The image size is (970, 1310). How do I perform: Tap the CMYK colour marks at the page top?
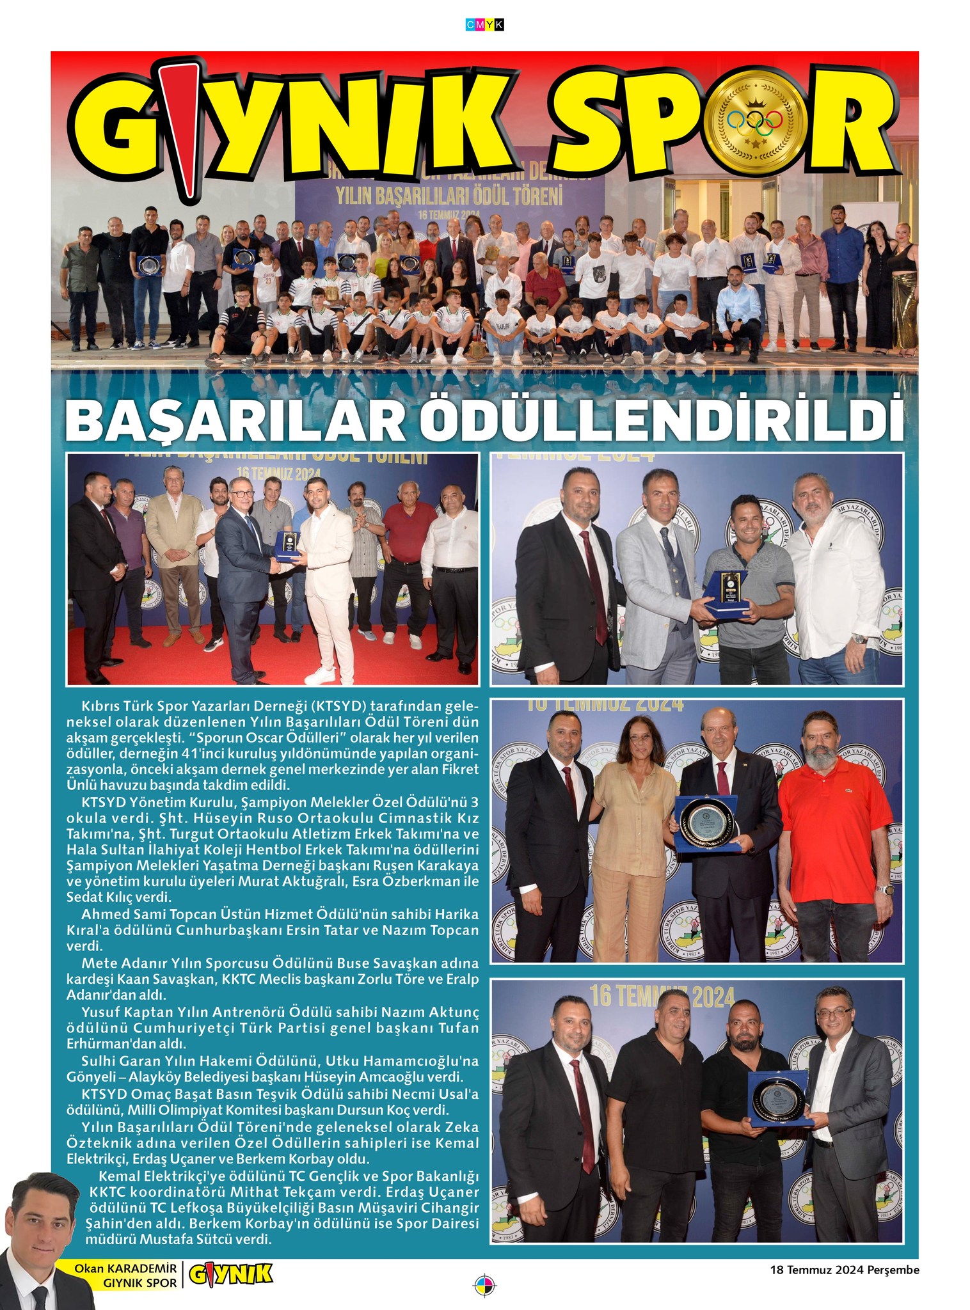click(x=484, y=24)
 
